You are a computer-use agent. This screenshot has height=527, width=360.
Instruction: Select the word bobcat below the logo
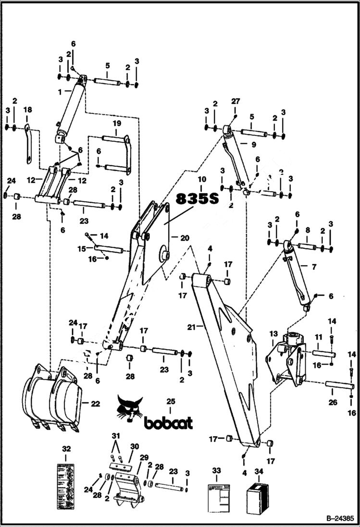point(168,423)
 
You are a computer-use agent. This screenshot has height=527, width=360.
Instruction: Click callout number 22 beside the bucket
point(95,404)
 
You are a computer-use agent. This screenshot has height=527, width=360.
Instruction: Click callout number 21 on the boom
point(191,327)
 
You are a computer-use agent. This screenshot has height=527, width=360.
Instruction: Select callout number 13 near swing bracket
point(273,333)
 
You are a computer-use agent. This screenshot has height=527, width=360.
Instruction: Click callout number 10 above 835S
point(201,179)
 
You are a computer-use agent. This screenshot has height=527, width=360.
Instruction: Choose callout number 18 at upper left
point(28,110)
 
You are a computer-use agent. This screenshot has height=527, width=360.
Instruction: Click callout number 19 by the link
point(116,123)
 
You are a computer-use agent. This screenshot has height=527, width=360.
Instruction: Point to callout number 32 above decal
point(66,449)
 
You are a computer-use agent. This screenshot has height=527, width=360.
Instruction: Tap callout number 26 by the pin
point(333,402)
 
